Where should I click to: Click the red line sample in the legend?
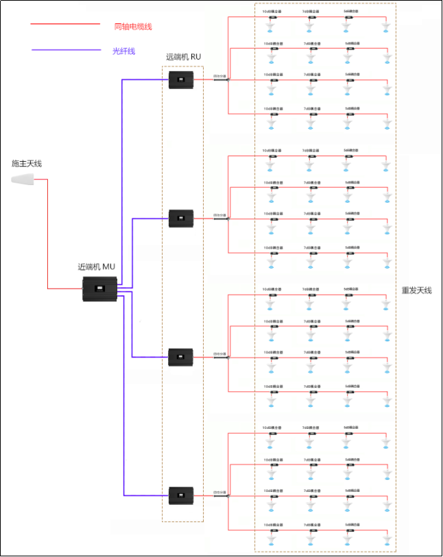tap(65, 25)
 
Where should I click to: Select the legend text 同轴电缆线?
tap(133, 26)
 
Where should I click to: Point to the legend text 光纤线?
tap(124, 51)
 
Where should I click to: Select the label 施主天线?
tap(27, 164)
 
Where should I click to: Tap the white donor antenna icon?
tap(25, 180)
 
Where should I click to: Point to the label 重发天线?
tap(417, 290)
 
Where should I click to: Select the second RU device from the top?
tap(181, 219)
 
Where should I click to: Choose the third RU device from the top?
tap(181, 357)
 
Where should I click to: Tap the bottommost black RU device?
tap(181, 495)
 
